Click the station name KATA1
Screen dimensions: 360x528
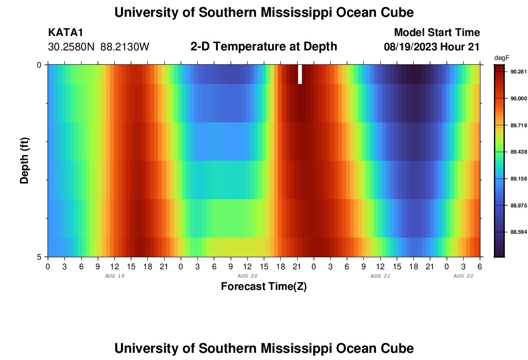click(x=66, y=33)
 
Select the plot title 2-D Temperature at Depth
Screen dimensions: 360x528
click(x=264, y=47)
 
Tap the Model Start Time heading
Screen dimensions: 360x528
click(x=437, y=33)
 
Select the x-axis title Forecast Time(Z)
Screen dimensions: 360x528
click(x=264, y=287)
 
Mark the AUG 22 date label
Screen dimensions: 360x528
click(x=464, y=276)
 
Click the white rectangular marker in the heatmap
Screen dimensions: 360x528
click(x=300, y=74)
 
